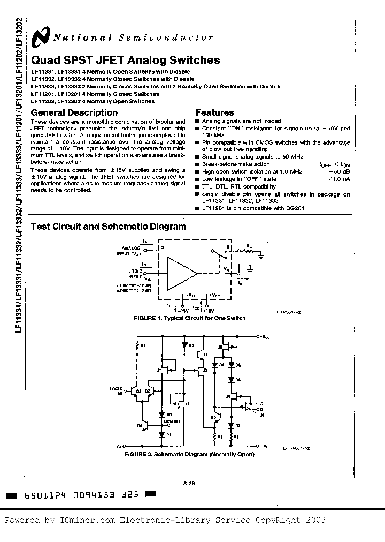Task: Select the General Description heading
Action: (74, 112)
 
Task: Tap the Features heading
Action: (214, 112)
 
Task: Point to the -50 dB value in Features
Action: (340, 171)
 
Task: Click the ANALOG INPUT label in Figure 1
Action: (130, 251)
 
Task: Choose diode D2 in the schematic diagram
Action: (162, 434)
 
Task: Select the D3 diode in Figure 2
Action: (184, 345)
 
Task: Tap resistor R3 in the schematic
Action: (232, 437)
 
